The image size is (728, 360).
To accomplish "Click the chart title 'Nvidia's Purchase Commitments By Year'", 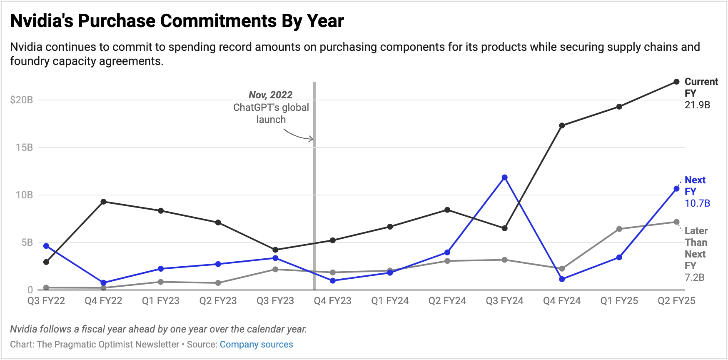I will pos(177,21).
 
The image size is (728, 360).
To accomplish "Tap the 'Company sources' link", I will pos(256,345).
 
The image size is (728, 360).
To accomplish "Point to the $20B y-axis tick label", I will pos(22,100).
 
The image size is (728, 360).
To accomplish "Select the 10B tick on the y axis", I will pos(24,195).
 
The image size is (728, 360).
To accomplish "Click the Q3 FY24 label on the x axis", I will pos(504,301).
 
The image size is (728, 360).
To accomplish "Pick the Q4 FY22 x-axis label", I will pos(103,301).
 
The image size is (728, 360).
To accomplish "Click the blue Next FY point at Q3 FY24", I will pos(504,177).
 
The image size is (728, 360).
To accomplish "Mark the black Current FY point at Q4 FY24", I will pos(562,125).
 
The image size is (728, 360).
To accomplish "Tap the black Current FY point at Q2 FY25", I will pos(676,82).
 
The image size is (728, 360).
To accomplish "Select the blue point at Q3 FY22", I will pos(46,246).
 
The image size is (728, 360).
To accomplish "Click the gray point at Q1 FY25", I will pos(619,229).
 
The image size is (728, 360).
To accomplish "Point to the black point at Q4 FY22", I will pos(103,202).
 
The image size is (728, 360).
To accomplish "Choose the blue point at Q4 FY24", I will pos(562,279).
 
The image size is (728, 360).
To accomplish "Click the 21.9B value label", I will pos(697,105).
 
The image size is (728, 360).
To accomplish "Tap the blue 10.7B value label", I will pos(697,203).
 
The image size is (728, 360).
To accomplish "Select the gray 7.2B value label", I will pos(694,277).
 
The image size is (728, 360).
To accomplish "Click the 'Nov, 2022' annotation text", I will pos(271,95).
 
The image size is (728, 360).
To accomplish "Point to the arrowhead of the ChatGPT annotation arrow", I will pos(312,139).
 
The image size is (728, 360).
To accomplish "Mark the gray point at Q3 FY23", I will pos(275,269).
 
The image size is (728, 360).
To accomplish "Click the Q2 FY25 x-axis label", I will pos(676,301).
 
